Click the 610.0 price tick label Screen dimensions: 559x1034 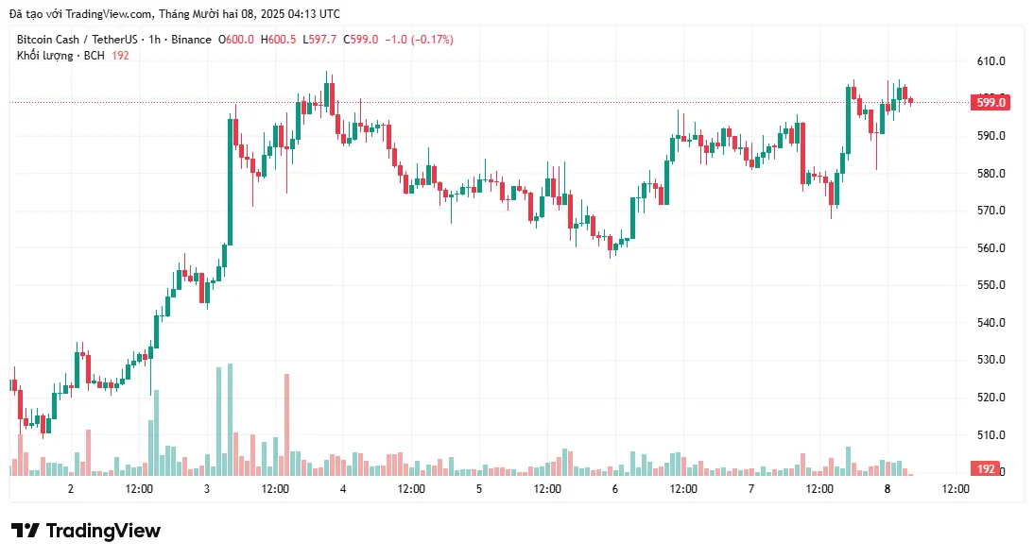[x=991, y=61]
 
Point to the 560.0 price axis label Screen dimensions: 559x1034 [x=991, y=248]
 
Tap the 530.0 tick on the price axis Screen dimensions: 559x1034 [x=991, y=360]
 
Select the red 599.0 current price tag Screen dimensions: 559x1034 [x=990, y=102]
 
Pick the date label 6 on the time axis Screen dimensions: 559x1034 [x=615, y=489]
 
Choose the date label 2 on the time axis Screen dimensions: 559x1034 [x=71, y=489]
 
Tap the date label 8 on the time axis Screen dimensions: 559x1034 [x=888, y=489]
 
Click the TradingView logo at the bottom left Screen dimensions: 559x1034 [x=86, y=531]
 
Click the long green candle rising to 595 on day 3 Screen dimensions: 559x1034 [x=230, y=179]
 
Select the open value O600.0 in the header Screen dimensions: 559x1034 [x=236, y=40]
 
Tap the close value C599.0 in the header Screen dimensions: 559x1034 [x=361, y=40]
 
